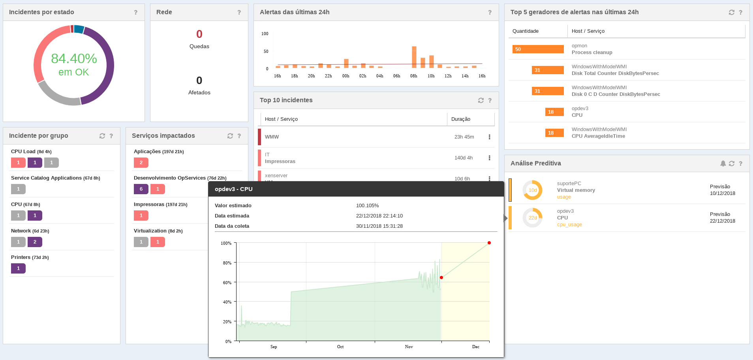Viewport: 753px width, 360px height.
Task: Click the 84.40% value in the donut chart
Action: [74, 58]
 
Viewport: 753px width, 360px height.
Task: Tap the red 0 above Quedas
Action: [199, 34]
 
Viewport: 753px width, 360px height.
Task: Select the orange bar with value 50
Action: [538, 49]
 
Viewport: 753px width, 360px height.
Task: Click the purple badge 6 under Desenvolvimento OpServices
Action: [141, 189]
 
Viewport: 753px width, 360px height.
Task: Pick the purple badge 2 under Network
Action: [35, 242]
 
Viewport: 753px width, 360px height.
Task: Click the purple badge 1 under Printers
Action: [18, 268]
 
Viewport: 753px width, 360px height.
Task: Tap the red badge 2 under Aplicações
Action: [141, 163]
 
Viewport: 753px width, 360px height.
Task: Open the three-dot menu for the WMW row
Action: [489, 137]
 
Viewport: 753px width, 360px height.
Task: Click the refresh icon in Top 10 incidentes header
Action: [481, 100]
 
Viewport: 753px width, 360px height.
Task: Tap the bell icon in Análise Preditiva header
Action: [723, 163]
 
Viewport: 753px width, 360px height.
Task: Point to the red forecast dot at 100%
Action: [489, 243]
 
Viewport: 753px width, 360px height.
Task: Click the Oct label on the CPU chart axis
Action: [340, 347]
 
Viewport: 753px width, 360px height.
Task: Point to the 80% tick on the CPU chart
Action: [227, 263]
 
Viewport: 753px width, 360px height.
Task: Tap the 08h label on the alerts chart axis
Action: [414, 76]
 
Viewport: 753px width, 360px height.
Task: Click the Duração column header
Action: [461, 119]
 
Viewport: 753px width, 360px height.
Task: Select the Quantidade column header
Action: [526, 31]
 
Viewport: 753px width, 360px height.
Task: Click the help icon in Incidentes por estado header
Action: [136, 13]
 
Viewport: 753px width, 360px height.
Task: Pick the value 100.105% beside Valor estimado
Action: [368, 206]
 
